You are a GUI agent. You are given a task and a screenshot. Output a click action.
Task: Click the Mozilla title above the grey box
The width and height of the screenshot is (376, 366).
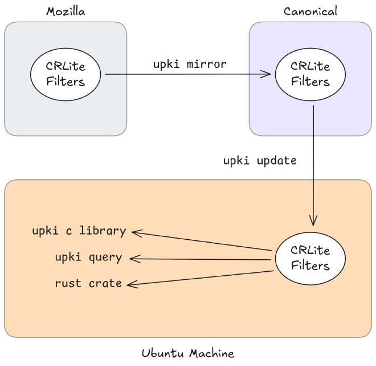[65, 11]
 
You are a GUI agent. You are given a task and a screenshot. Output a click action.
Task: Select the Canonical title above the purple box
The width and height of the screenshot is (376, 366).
[310, 11]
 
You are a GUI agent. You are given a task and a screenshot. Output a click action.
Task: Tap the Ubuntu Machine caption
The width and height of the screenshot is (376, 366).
[187, 353]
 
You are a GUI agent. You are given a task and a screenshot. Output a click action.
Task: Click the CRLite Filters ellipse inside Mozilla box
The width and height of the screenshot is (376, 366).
[66, 74]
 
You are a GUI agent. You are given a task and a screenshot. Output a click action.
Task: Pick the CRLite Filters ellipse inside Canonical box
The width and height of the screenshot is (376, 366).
[310, 74]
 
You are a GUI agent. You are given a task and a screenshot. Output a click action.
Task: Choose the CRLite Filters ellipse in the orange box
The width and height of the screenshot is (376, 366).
[310, 259]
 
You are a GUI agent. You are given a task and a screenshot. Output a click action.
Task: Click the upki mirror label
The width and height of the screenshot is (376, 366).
[189, 64]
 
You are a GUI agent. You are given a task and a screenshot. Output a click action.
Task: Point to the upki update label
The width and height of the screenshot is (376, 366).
[260, 160]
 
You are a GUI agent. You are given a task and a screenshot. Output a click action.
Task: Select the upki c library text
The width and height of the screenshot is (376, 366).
[79, 231]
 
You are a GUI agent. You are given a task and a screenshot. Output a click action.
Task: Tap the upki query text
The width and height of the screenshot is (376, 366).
[88, 257]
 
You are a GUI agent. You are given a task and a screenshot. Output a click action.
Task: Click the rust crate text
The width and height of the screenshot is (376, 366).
[88, 283]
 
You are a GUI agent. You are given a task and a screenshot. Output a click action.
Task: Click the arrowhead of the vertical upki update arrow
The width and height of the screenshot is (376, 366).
[313, 222]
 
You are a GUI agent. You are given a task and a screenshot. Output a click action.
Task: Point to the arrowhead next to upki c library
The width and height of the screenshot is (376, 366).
[136, 231]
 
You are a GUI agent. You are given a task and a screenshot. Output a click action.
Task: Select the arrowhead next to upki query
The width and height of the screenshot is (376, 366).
[133, 259]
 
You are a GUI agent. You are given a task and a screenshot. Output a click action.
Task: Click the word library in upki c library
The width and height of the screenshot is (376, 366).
[103, 231]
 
